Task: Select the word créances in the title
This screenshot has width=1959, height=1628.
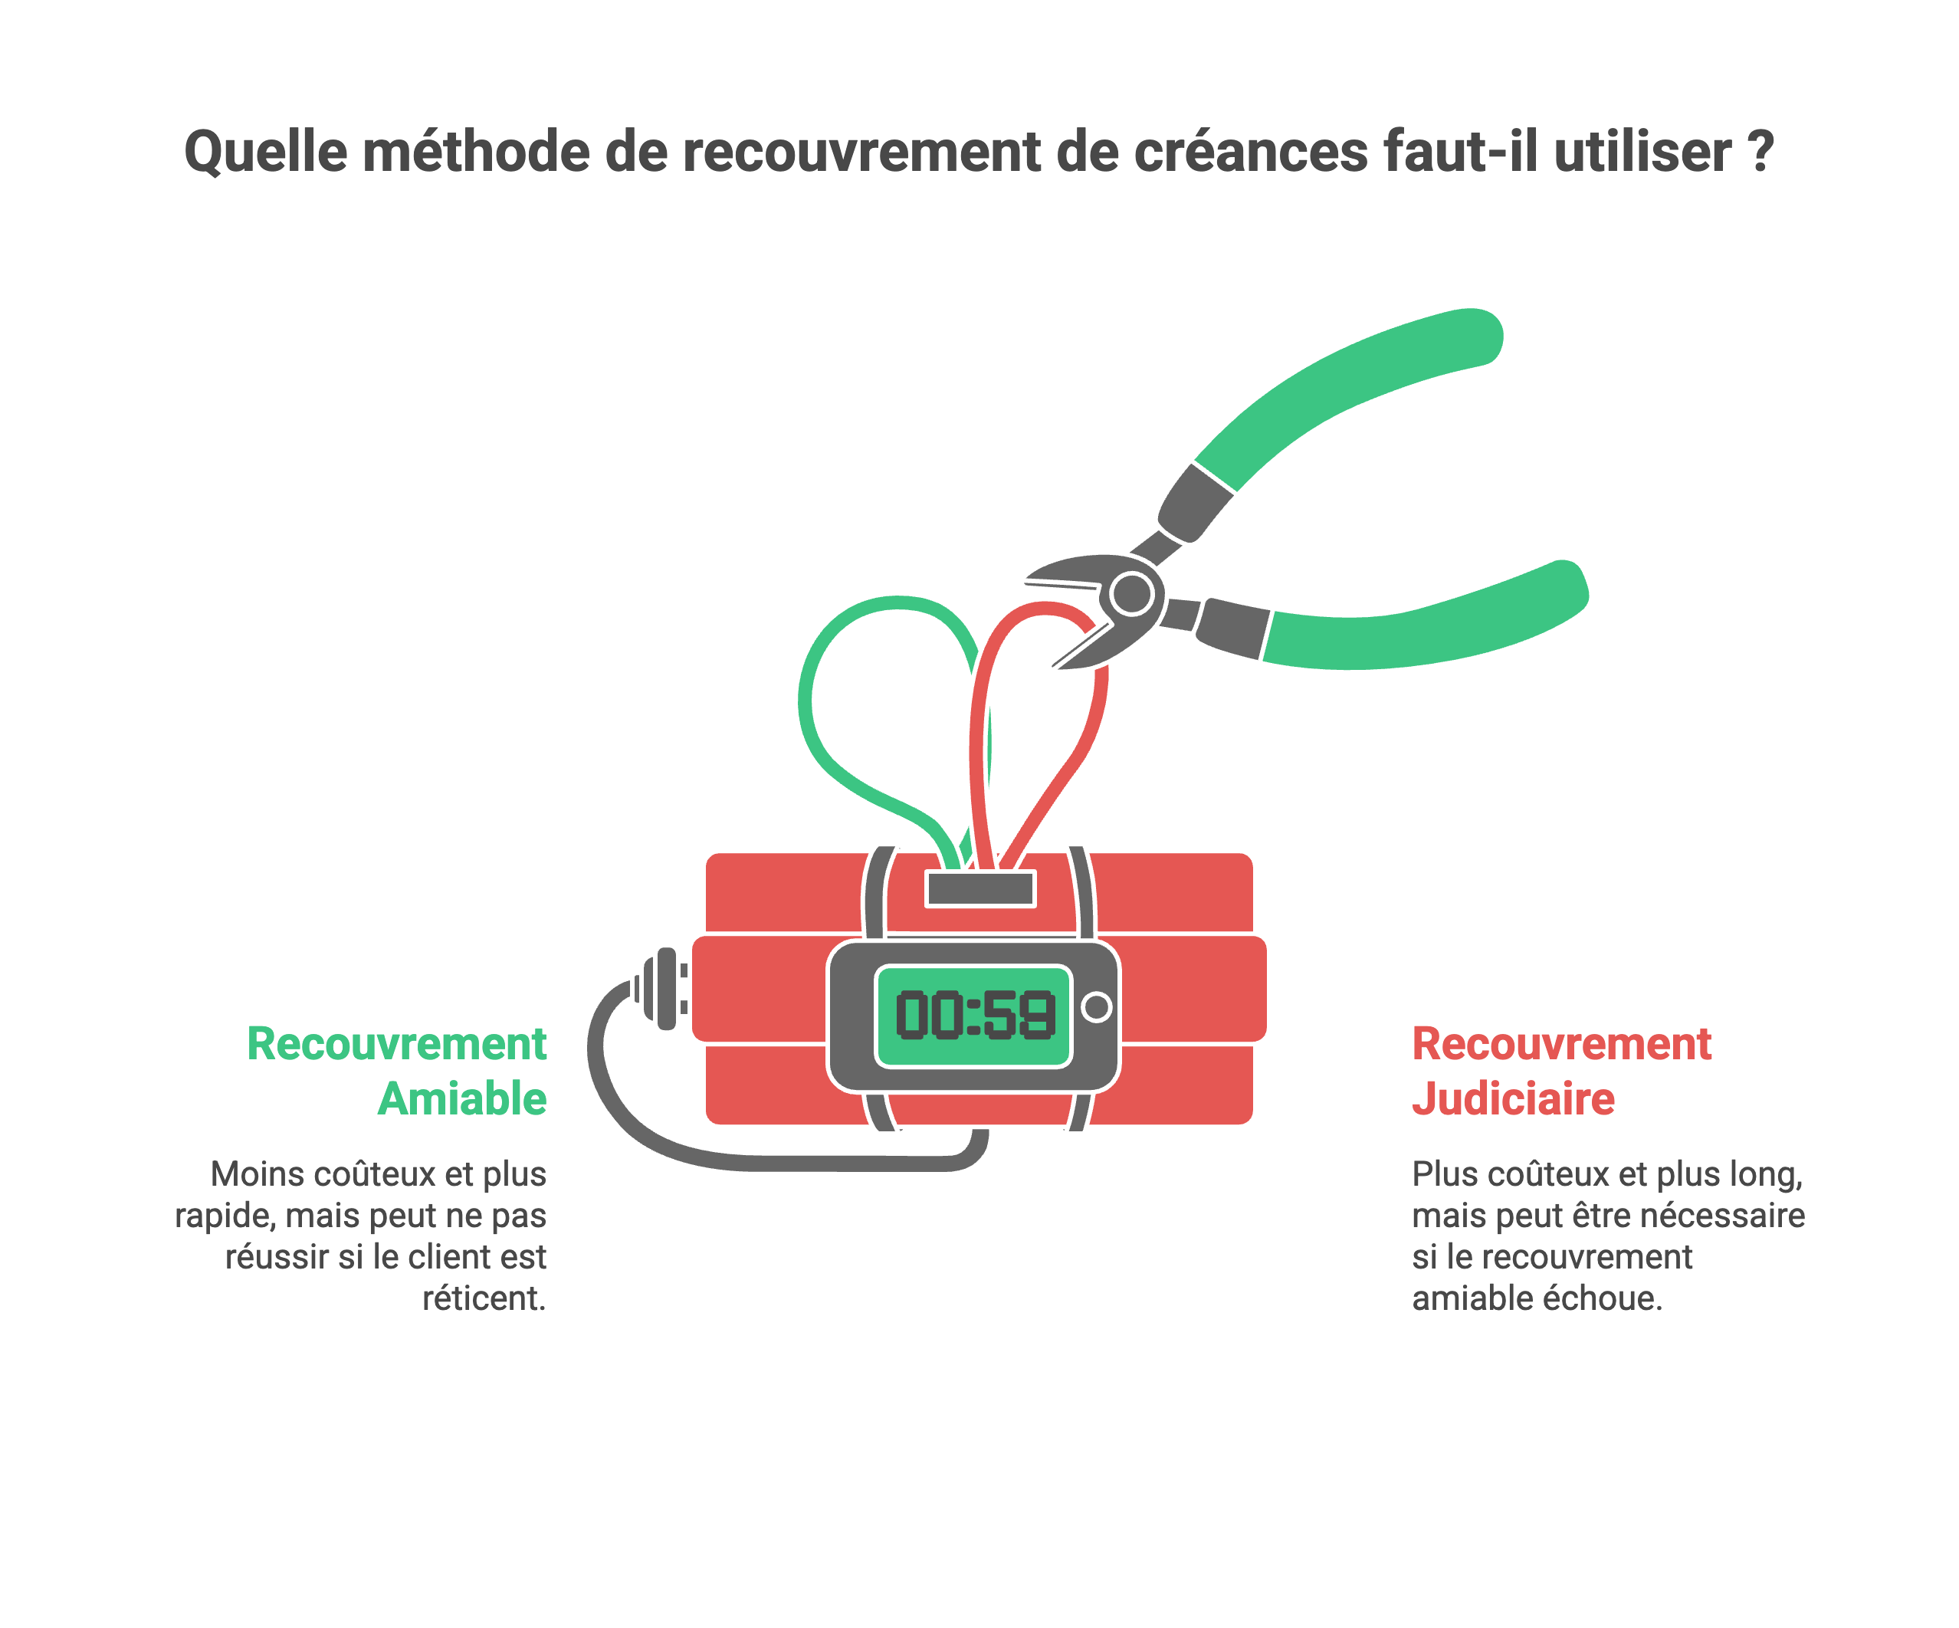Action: click(x=1250, y=152)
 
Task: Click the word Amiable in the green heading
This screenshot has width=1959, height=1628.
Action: click(x=461, y=1099)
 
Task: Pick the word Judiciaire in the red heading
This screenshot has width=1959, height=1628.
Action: click(x=1513, y=1099)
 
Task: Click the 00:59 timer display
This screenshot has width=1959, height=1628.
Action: click(x=974, y=1016)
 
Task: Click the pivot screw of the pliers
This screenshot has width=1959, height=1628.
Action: click(x=1133, y=593)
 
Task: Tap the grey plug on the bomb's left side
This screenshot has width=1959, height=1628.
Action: click(x=666, y=989)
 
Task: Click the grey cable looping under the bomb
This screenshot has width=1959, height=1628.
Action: click(x=747, y=1157)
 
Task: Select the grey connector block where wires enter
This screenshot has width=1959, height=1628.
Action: click(x=979, y=889)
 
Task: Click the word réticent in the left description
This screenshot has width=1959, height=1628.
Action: click(x=483, y=1298)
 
